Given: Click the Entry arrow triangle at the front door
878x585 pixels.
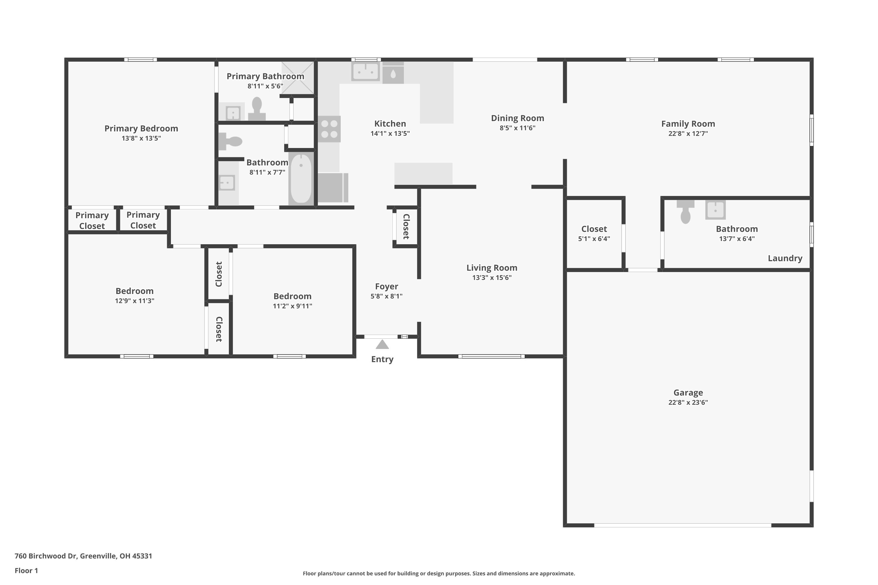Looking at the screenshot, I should pos(382,345).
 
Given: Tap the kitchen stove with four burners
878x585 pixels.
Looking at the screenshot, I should pos(329,129).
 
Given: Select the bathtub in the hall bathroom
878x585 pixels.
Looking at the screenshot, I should pos(301,178).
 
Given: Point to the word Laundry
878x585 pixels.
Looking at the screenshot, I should pos(785,258).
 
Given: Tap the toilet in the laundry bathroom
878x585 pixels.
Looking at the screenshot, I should pos(685,211).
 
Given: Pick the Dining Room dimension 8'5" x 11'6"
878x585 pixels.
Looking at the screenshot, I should pos(517,128).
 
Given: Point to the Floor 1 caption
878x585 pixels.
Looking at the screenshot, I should pos(26,570).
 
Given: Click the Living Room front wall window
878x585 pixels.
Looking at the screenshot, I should pos(491,356).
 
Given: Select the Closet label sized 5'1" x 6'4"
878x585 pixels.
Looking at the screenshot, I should pos(594,229).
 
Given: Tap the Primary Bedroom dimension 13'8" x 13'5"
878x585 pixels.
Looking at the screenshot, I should pos(141,138).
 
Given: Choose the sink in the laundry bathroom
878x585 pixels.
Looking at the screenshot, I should pos(715,210).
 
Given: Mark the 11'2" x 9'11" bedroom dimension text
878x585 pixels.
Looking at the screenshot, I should pos(292,306).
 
